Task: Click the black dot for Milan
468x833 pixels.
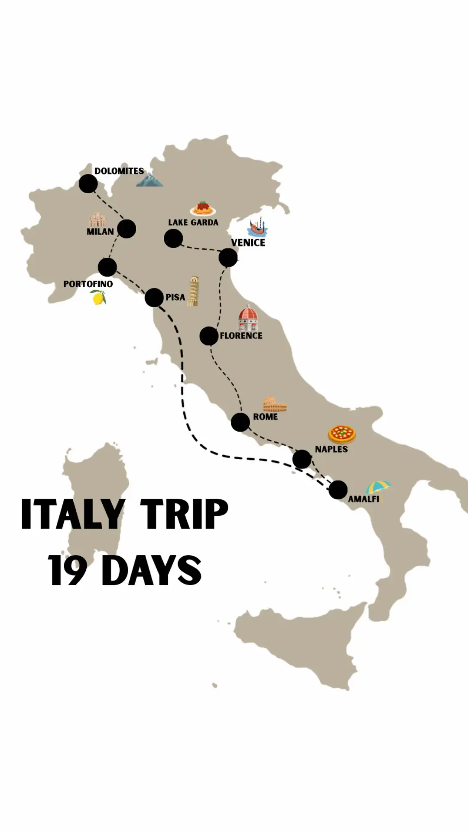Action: coord(127,229)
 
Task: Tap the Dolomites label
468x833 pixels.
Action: coord(119,171)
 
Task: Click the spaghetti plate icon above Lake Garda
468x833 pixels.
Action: coord(202,209)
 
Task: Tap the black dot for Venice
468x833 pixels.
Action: coord(228,258)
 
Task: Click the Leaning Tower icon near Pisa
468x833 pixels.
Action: coord(193,291)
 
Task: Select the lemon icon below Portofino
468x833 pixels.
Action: coord(99,298)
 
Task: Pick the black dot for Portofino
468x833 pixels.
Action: coord(107,267)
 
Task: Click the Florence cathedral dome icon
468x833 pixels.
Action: coord(248,318)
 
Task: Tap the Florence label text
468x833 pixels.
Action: coord(241,335)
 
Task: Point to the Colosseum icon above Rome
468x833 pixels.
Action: coord(275,404)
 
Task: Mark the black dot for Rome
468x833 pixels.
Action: coord(240,422)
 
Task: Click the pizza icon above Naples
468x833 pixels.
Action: coord(342,434)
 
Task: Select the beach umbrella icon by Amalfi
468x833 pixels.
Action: coord(378,488)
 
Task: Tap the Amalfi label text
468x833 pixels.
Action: coord(364,499)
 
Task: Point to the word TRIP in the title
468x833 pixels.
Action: coord(184,515)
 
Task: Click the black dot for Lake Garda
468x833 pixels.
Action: coord(173,238)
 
